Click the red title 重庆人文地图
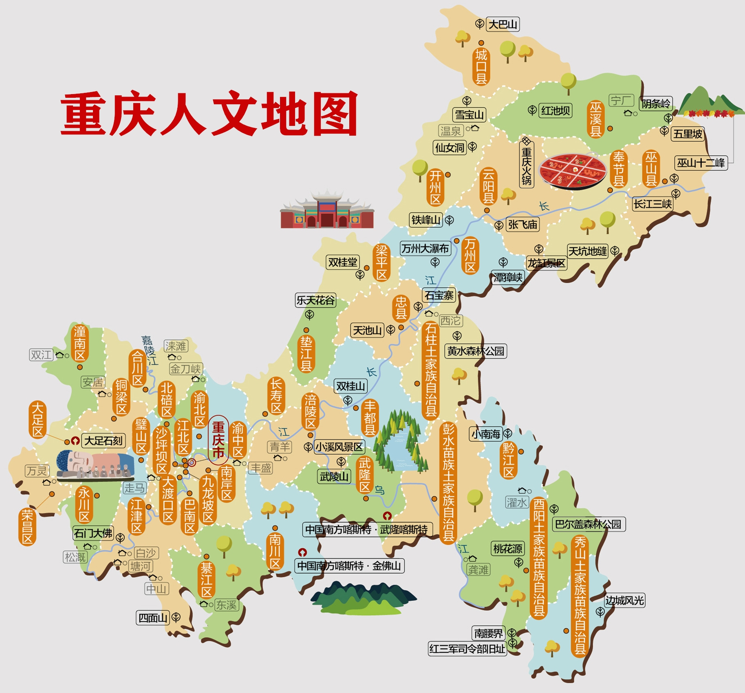[209, 114]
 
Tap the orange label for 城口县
[481, 66]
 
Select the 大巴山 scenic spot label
[503, 24]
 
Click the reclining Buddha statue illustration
[95, 464]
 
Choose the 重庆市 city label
[218, 440]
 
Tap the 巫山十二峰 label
[701, 163]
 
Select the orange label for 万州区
[470, 255]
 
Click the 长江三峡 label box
[652, 204]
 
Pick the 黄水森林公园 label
[475, 351]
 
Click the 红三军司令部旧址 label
[467, 649]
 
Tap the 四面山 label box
[153, 618]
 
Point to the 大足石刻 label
[103, 440]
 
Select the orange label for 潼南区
[80, 343]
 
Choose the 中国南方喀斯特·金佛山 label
[350, 566]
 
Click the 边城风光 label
[624, 601]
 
